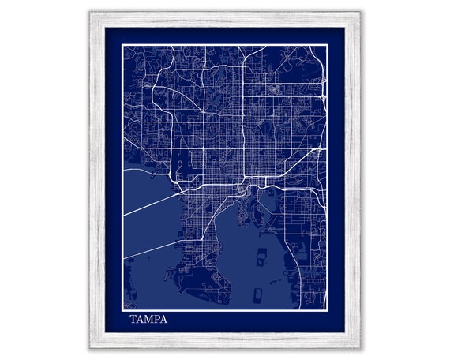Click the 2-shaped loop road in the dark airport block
click(x=180, y=166)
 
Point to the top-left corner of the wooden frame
click(x=89, y=13)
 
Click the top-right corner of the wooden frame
click(x=359, y=13)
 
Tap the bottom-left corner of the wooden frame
click(x=89, y=347)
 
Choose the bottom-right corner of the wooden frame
click(x=359, y=347)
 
